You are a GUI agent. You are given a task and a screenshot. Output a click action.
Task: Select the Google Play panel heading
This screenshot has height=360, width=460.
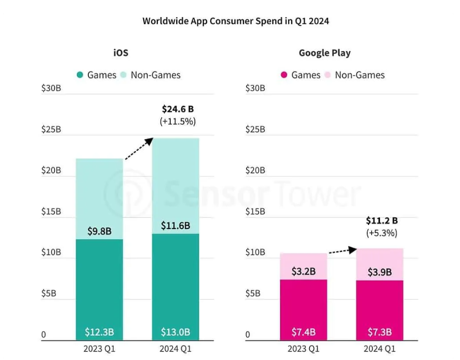point(325,53)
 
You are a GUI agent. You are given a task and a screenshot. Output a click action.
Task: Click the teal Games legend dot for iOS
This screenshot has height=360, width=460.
point(80,75)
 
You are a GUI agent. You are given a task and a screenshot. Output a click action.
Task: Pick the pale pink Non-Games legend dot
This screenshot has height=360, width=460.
point(328,75)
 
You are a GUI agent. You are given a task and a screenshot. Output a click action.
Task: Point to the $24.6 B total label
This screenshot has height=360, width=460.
point(178,108)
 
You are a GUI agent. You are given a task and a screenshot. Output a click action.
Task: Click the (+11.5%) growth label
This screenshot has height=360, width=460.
point(178,121)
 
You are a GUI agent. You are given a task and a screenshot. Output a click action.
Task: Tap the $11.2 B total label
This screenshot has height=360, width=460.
point(381,220)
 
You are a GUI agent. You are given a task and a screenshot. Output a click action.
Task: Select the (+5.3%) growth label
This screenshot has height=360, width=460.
point(381,233)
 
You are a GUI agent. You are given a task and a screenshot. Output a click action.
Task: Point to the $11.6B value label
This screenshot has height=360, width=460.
point(175,226)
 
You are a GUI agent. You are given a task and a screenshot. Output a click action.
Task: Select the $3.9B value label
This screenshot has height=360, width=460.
point(379,272)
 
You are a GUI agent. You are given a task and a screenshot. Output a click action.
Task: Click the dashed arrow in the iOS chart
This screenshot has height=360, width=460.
point(138,149)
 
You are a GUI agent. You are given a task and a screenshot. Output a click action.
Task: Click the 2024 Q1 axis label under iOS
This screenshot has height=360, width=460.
point(175,348)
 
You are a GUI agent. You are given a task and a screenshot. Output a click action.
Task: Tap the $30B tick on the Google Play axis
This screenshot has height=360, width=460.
point(255,88)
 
